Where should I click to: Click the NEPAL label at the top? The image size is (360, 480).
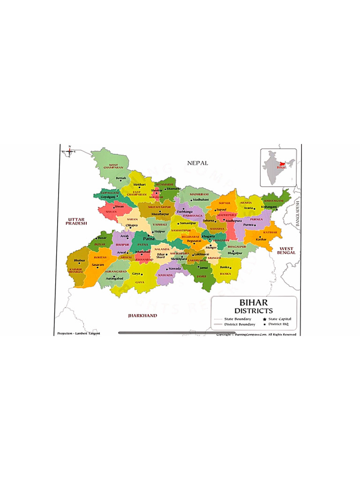(197, 163)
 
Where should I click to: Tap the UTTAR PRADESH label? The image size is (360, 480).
(76, 221)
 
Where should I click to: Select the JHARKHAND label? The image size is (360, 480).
(142, 316)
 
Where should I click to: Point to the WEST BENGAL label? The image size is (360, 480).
(286, 250)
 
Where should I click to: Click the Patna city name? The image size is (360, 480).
(149, 239)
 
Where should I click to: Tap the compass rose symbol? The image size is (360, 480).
(69, 151)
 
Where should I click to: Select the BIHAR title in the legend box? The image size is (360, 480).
(254, 303)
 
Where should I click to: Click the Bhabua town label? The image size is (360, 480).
(79, 260)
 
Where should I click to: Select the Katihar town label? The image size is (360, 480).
(261, 240)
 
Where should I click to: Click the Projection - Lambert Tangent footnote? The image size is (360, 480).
(79, 334)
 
